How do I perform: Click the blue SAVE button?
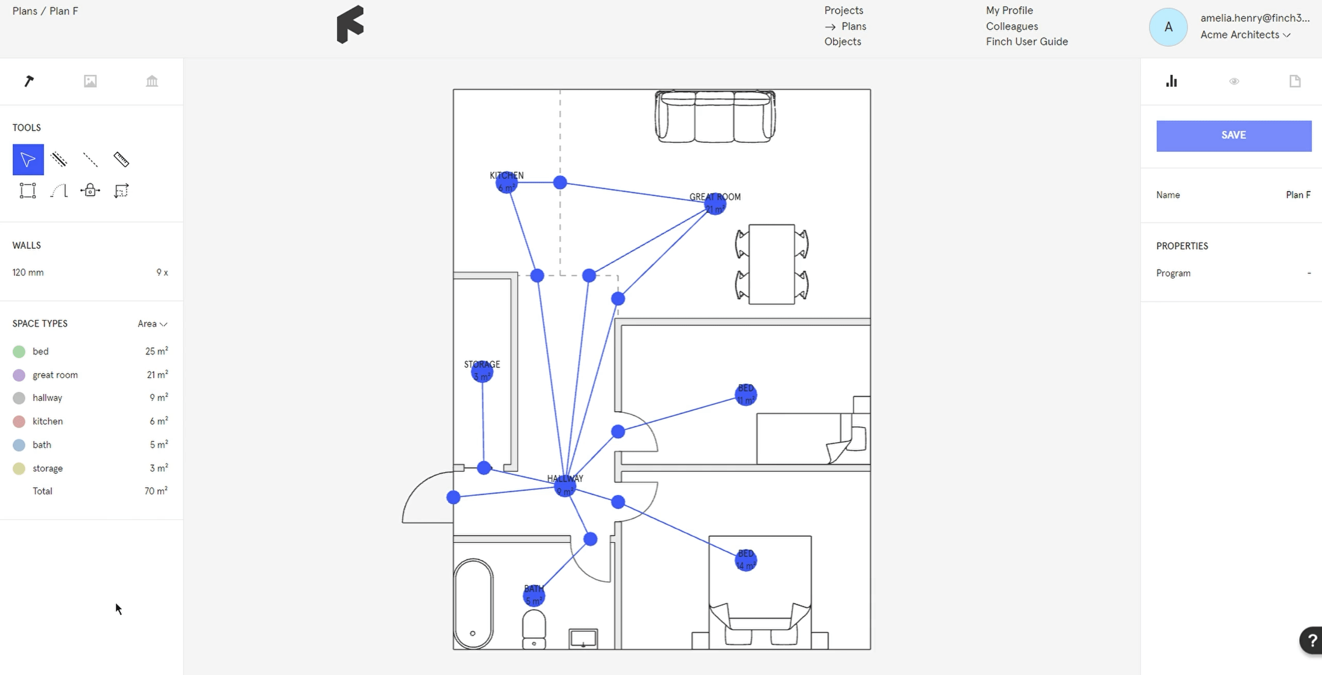[x=1233, y=136]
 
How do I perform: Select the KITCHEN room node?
[x=506, y=182]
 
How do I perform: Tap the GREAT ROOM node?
[x=715, y=204]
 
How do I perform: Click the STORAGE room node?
[x=482, y=372]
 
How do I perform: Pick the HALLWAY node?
[x=565, y=486]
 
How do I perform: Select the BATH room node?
[x=534, y=596]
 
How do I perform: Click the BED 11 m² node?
[x=746, y=395]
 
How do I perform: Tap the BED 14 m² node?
[x=746, y=560]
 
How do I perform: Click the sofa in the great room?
[x=715, y=117]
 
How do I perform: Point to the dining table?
[x=772, y=264]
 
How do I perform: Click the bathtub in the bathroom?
[x=473, y=603]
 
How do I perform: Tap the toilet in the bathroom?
[x=534, y=628]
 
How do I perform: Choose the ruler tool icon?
[x=121, y=159]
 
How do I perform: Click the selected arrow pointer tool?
[x=28, y=159]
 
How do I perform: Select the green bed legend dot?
[x=19, y=351]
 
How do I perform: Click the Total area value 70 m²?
[x=155, y=491]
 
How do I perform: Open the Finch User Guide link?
[x=1027, y=42]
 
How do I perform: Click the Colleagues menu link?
[x=1012, y=26]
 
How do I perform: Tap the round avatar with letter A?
[x=1168, y=27]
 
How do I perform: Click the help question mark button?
[x=1312, y=640]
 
